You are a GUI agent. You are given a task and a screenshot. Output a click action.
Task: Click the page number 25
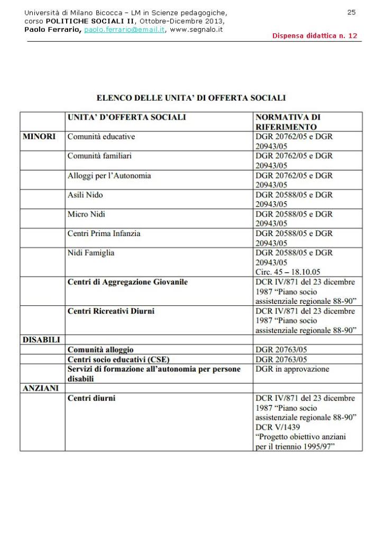click(351, 12)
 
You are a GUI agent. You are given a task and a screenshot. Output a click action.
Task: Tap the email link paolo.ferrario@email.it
click(124, 30)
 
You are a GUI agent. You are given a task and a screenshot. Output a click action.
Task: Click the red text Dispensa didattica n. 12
click(315, 36)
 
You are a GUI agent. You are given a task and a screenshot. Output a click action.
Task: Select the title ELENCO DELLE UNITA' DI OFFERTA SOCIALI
click(191, 98)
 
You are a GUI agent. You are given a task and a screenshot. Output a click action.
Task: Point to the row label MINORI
click(39, 137)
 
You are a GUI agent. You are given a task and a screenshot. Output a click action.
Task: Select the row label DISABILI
click(41, 340)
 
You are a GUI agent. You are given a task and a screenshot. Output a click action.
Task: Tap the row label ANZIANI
click(41, 388)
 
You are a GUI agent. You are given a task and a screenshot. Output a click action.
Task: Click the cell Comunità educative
click(101, 137)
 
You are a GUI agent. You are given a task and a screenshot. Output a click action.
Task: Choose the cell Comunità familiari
click(99, 156)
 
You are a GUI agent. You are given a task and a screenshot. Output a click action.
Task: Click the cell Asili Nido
click(85, 195)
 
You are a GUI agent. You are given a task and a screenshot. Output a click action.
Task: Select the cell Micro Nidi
click(86, 214)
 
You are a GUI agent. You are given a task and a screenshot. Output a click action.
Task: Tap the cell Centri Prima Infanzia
click(104, 233)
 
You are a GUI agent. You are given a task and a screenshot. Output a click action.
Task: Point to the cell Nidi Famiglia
click(90, 253)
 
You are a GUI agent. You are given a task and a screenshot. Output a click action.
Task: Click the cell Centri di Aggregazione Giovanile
click(127, 282)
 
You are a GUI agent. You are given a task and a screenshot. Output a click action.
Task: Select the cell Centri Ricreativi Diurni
click(111, 311)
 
